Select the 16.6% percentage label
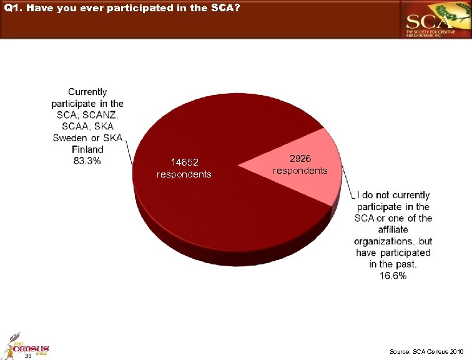393,276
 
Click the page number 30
27,356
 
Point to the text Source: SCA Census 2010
426,352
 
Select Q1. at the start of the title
12,7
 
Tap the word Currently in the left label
87,92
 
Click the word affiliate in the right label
393,229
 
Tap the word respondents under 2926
300,170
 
